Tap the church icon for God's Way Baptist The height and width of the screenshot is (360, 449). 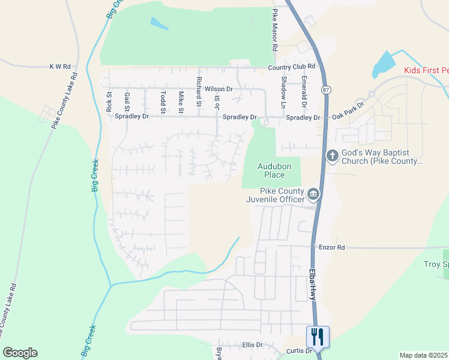click(333, 156)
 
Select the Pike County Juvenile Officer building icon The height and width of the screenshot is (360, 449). click(313, 194)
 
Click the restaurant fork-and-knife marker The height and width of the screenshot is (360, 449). click(317, 336)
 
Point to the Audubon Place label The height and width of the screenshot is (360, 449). click(271, 170)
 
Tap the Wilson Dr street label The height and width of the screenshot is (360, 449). click(218, 89)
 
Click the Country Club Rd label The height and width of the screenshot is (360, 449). click(292, 67)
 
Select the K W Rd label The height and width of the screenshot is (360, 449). click(60, 67)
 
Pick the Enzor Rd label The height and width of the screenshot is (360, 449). click(332, 247)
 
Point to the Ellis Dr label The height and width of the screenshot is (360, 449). click(253, 345)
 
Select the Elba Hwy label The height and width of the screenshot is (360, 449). click(313, 284)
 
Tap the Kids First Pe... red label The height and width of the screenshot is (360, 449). click(426, 71)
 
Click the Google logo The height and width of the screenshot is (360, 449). click(20, 352)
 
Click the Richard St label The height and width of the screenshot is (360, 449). click(199, 92)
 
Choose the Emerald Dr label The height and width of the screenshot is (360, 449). click(304, 92)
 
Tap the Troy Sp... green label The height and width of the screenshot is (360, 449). click(436, 264)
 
